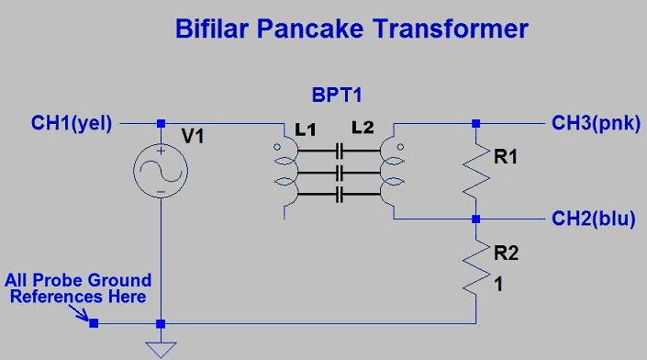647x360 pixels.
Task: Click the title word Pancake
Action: pyautogui.click(x=310, y=28)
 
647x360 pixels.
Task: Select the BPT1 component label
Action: pyautogui.click(x=337, y=95)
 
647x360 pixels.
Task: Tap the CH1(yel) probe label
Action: pyautogui.click(x=72, y=123)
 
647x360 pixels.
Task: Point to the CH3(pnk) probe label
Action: pyautogui.click(x=596, y=123)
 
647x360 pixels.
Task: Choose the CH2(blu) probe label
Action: pyautogui.click(x=594, y=219)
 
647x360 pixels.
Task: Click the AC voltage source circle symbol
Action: pyautogui.click(x=161, y=170)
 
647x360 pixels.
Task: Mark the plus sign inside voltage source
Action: pyautogui.click(x=161, y=151)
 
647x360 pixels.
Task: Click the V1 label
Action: pyautogui.click(x=193, y=136)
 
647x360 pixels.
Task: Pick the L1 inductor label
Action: pyautogui.click(x=306, y=130)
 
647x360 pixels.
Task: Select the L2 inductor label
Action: pyautogui.click(x=363, y=128)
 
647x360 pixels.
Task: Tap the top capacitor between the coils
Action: pyautogui.click(x=340, y=152)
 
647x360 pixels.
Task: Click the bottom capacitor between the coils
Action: pyautogui.click(x=340, y=194)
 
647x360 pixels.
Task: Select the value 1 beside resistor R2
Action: pyautogui.click(x=498, y=285)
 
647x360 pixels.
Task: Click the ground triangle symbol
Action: pyautogui.click(x=161, y=350)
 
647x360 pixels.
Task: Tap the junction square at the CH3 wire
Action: pyautogui.click(x=476, y=123)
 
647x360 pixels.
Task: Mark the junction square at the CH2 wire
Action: pyautogui.click(x=476, y=219)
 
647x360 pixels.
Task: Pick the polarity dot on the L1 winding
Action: pyautogui.click(x=277, y=147)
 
